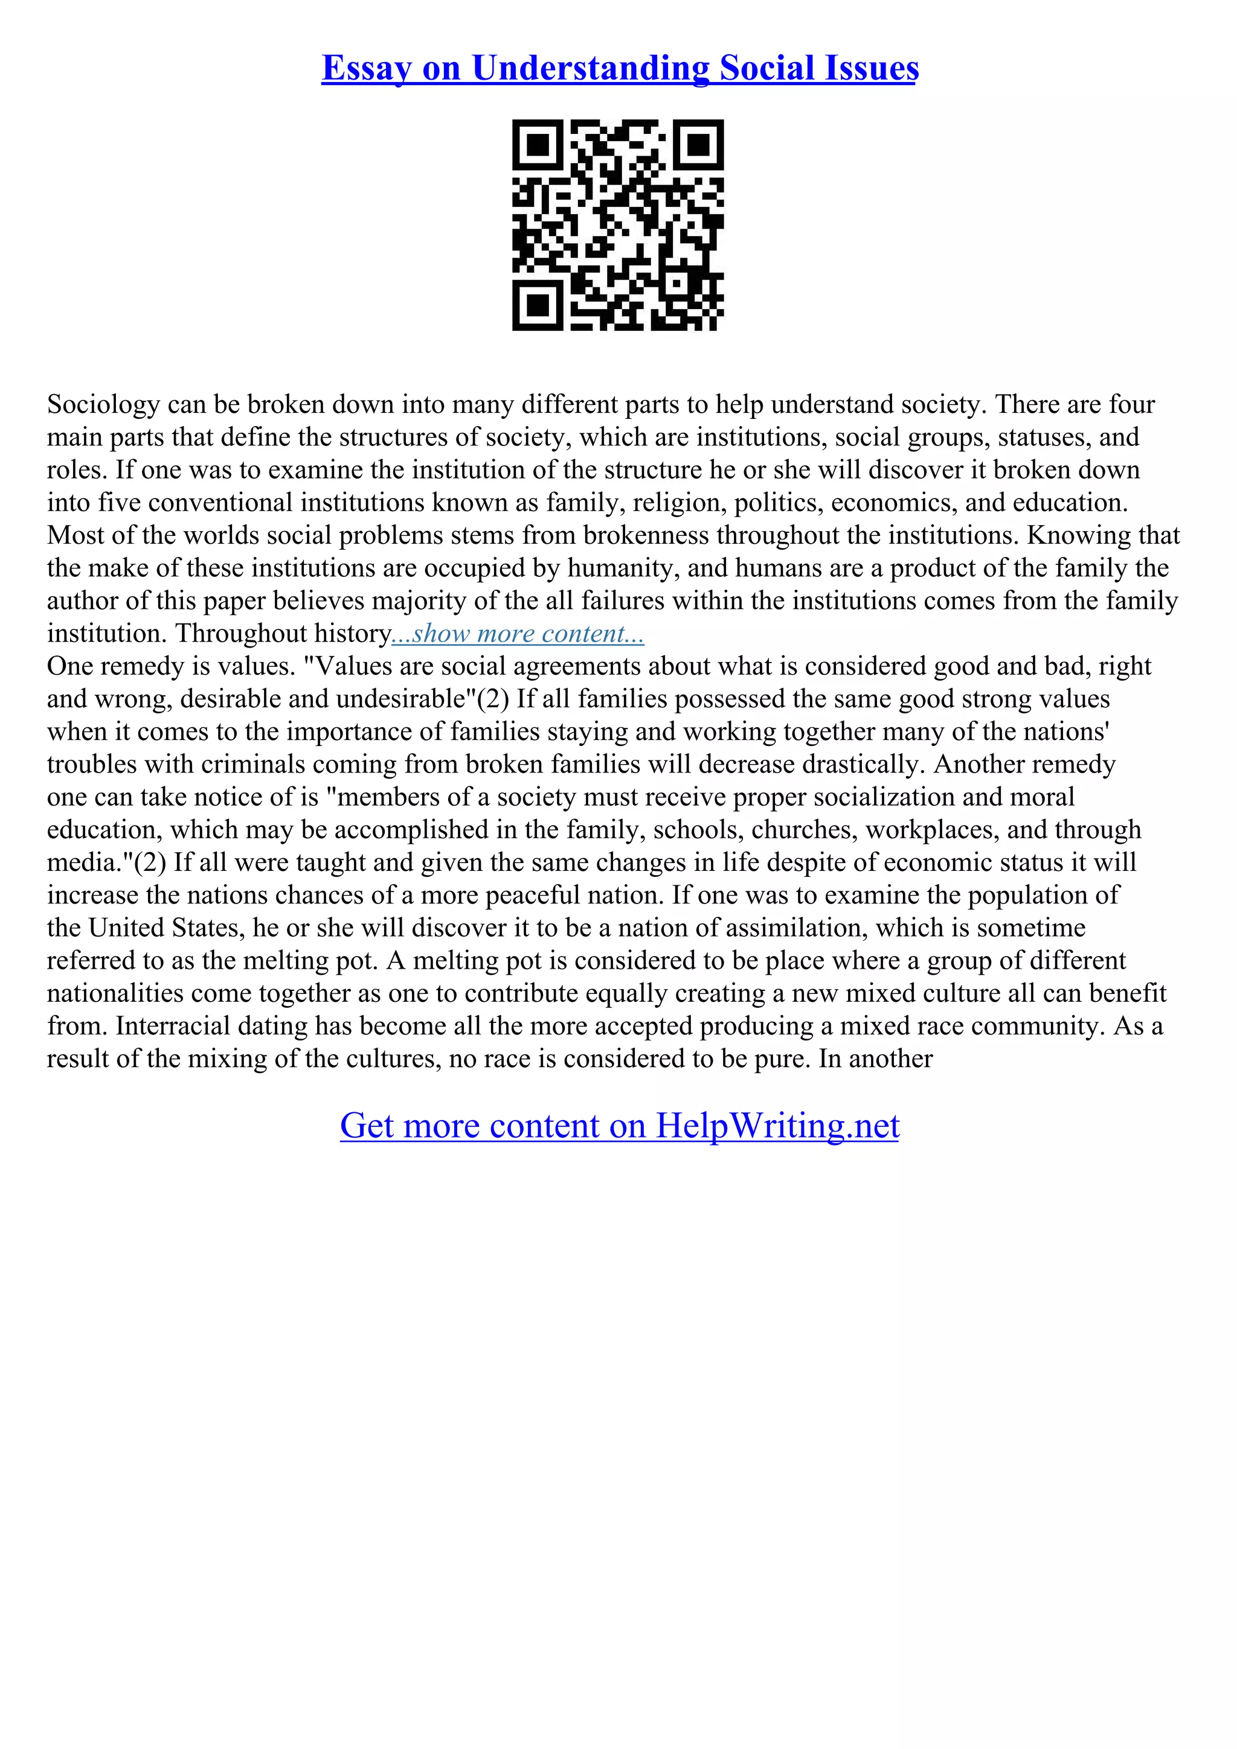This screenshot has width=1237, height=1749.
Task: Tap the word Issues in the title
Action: point(869,69)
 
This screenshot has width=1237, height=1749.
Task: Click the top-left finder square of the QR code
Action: point(538,145)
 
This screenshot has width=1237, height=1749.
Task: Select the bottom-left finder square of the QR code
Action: point(538,305)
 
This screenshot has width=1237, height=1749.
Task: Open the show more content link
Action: point(518,634)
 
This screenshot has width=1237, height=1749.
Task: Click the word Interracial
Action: point(162,1027)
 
